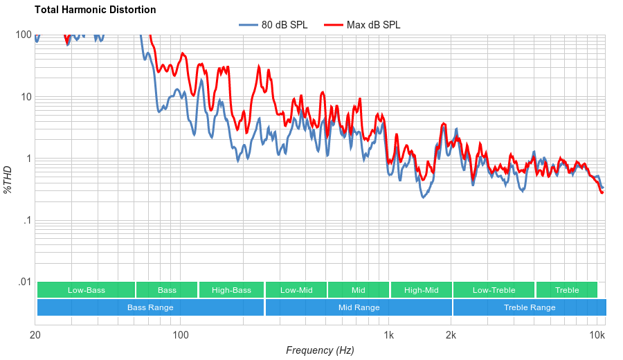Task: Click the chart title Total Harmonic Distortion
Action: click(x=95, y=10)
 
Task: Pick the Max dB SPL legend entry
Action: click(x=374, y=25)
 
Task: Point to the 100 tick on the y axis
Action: click(x=24, y=35)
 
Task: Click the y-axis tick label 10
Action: click(x=26, y=97)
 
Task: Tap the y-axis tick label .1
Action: click(x=28, y=220)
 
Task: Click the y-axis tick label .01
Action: click(x=25, y=282)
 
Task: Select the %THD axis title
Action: click(x=8, y=179)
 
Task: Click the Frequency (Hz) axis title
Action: click(x=320, y=350)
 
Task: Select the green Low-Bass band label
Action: click(x=87, y=290)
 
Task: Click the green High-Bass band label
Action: click(x=231, y=290)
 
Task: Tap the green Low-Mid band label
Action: click(x=296, y=290)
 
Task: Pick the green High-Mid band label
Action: click(x=422, y=290)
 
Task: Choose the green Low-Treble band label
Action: click(x=494, y=290)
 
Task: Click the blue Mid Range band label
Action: click(x=359, y=307)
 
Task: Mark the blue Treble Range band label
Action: click(x=530, y=307)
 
